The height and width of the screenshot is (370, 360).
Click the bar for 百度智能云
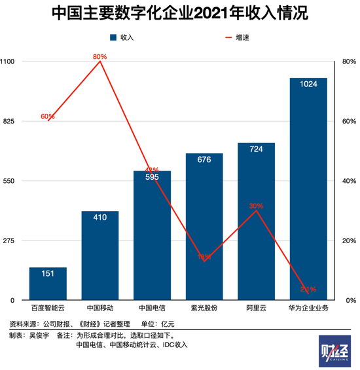(x=48, y=284)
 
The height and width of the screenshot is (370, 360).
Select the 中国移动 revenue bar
(x=100, y=255)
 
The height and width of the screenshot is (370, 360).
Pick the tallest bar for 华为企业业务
(x=308, y=190)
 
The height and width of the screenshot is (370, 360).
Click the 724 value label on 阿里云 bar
(x=256, y=149)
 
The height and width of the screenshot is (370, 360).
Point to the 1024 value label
(x=308, y=84)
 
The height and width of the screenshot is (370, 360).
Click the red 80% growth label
(x=99, y=57)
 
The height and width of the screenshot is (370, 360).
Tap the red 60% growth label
(x=48, y=116)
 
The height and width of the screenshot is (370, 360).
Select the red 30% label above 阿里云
(x=256, y=206)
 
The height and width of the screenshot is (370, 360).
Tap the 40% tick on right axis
(x=348, y=181)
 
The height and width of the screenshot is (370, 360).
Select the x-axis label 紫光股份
(x=204, y=307)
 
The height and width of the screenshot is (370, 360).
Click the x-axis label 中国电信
(x=152, y=307)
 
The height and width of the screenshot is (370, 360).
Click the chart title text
(x=179, y=14)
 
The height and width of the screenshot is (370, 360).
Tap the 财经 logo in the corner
(x=334, y=351)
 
